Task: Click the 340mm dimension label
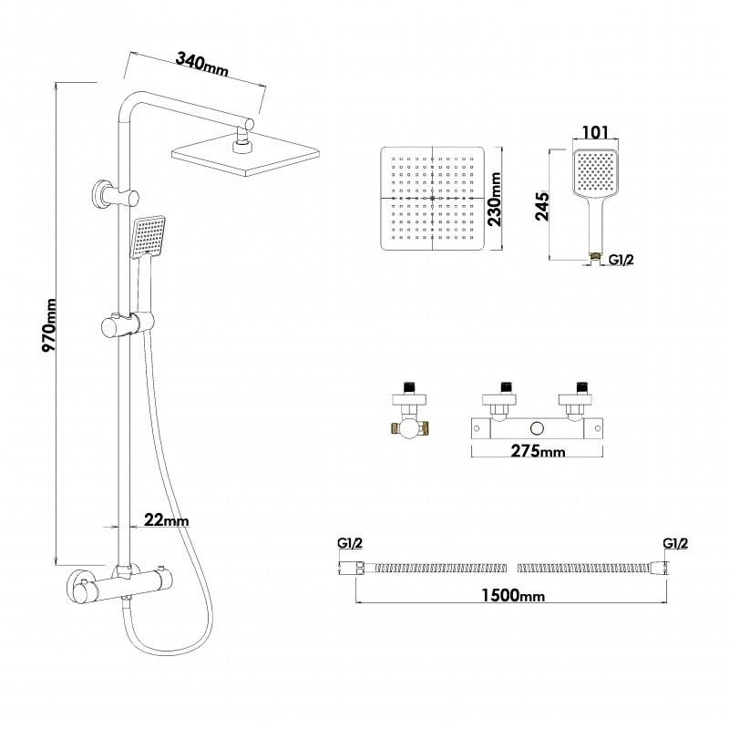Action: click(x=201, y=64)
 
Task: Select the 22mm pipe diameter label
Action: click(x=166, y=520)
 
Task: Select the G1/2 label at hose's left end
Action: click(x=351, y=544)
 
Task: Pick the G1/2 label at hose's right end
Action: click(x=674, y=544)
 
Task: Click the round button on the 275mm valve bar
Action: click(x=538, y=426)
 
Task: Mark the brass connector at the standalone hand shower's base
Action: click(x=595, y=258)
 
